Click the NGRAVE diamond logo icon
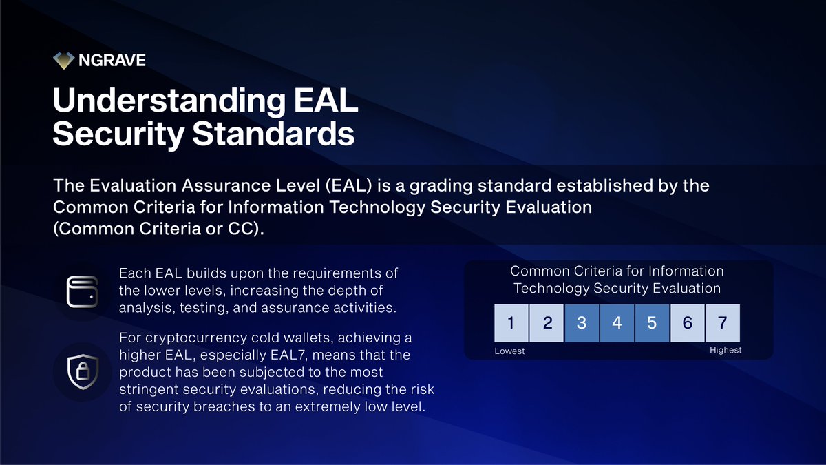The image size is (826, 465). pos(63,61)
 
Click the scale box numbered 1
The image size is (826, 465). pos(511,322)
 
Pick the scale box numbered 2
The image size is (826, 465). pos(547,322)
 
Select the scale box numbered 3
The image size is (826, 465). pos(582,322)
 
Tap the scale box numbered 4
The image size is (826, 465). pos(617,322)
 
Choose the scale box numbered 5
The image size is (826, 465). pos(652,322)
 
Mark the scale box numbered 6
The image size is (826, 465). pos(687,322)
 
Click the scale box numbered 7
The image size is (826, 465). pos(722,322)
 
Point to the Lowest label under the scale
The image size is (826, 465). pos(509,351)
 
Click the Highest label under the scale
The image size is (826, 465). pos(726,351)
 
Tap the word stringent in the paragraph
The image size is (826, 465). pos(147,389)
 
